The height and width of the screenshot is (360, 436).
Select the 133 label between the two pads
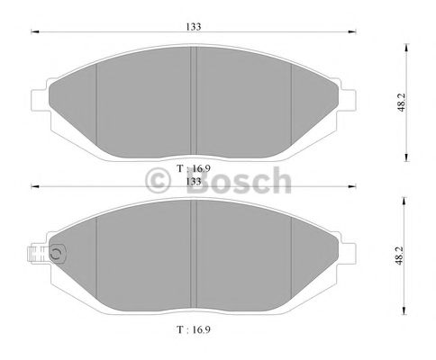click(192, 179)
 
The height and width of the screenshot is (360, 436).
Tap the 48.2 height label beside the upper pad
click(411, 100)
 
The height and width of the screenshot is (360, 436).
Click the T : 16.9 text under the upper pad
click(195, 167)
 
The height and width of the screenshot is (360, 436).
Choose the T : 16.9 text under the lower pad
click(195, 330)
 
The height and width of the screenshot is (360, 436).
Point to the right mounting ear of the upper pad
click(348, 96)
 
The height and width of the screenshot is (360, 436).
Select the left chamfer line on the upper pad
click(96, 99)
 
